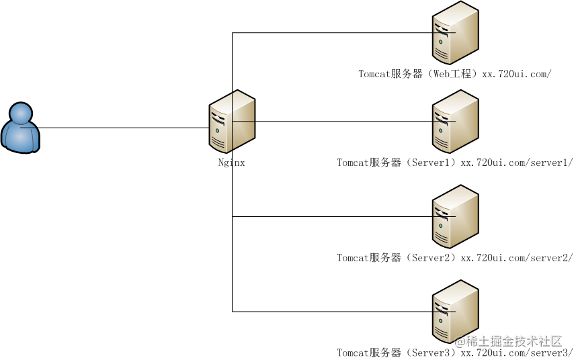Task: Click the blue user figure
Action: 20,128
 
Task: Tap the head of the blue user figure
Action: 21,113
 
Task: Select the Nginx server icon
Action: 232,121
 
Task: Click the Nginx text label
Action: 231,163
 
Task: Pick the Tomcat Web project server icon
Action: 456,32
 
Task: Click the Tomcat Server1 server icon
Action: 456,121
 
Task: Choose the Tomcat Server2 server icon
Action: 456,216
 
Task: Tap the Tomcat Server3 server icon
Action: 456,312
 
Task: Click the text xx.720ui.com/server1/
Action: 516,163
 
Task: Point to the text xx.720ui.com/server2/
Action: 516,257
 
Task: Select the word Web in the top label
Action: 441,73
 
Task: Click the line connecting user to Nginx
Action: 114,128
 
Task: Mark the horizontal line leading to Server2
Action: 343,216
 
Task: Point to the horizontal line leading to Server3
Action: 343,312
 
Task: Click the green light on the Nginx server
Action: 218,130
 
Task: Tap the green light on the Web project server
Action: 441,42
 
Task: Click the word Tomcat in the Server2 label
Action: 352,257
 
